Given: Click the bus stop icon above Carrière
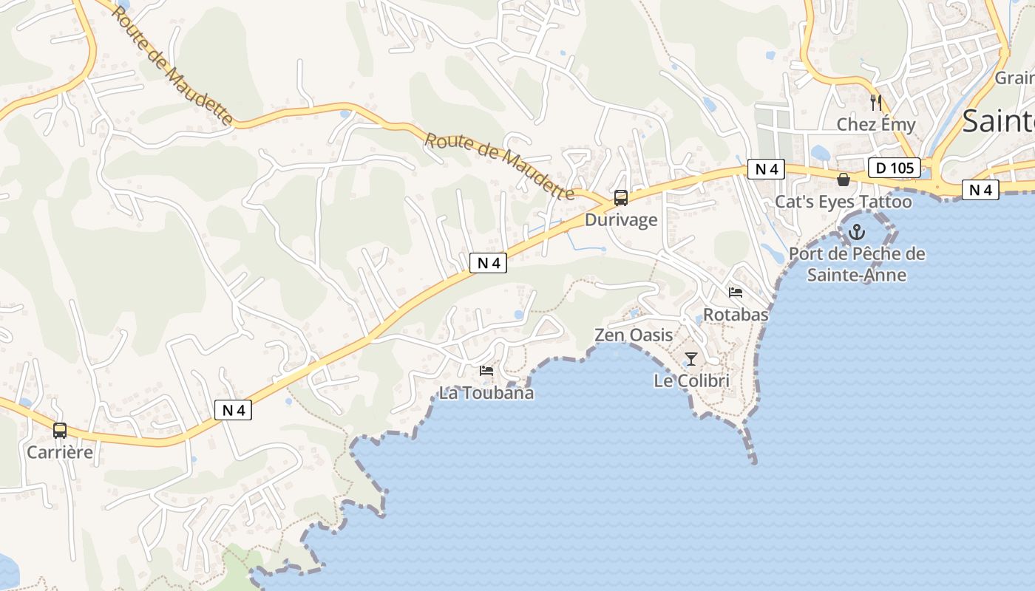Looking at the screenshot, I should tap(60, 430).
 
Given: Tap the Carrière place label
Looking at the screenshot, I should tap(60, 452).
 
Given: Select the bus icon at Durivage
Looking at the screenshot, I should tap(621, 198).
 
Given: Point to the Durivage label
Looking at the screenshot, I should tap(621, 220).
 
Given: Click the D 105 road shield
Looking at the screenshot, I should tap(895, 168).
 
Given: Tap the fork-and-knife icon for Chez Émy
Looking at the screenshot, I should tap(877, 102).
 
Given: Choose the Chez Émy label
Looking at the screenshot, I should tap(876, 125).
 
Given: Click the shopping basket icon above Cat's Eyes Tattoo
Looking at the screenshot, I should tap(843, 180).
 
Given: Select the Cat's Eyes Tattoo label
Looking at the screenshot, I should tap(844, 202).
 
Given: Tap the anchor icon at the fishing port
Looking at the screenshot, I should tap(856, 232).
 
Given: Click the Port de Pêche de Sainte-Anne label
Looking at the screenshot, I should tap(857, 264).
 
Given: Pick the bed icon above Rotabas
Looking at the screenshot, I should tap(735, 293).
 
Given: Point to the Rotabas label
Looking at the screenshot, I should tap(736, 315).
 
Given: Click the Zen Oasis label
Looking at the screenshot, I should tap(634, 335).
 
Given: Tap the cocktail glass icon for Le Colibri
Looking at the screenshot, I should tap(691, 359).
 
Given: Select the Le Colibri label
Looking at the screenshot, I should tap(691, 381).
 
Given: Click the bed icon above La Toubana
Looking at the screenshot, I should tap(486, 371).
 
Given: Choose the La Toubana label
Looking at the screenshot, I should tap(486, 393).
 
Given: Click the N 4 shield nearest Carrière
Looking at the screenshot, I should tap(234, 410).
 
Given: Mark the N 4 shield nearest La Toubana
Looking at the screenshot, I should tap(488, 262).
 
